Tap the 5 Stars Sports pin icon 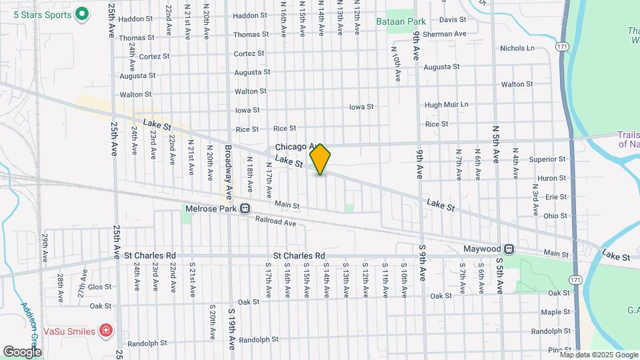[x=82, y=13]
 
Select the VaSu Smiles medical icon [x=105, y=330]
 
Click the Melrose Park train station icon [x=245, y=208]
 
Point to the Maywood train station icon [x=509, y=249]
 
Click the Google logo [x=22, y=351]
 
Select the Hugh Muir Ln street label [x=447, y=105]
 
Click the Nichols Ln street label [x=517, y=48]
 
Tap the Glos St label [x=99, y=287]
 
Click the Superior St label [x=547, y=159]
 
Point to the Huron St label [x=552, y=178]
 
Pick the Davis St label [x=453, y=20]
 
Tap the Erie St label [x=555, y=197]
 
